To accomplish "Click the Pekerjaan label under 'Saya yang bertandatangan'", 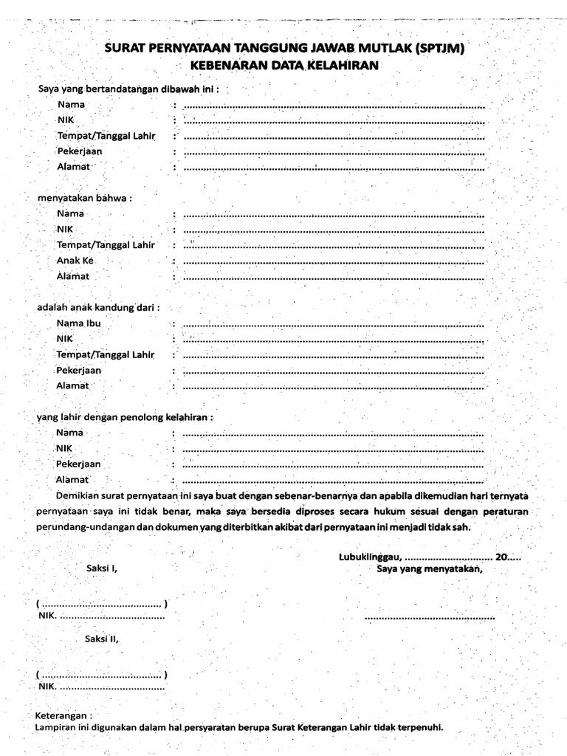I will click(x=79, y=151).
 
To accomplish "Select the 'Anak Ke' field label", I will click(x=76, y=261).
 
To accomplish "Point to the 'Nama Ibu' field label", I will click(x=78, y=323).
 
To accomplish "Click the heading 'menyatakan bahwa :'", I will click(x=85, y=198).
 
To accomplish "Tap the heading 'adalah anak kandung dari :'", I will click(x=99, y=307).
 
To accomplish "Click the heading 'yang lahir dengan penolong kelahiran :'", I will click(x=125, y=416).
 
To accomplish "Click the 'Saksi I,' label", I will click(x=101, y=569).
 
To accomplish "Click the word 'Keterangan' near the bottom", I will click(x=64, y=716).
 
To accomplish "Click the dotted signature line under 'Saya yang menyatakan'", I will click(x=429, y=616).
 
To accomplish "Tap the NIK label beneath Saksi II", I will click(x=46, y=687).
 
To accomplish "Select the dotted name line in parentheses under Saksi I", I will click(x=101, y=603).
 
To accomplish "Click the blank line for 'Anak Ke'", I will click(x=333, y=262).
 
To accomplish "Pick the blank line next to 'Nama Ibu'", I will click(x=333, y=324).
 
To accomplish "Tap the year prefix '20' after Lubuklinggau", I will click(x=501, y=558).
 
